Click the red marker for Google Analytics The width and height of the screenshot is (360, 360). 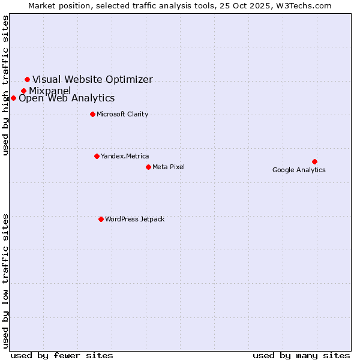tap(314, 161)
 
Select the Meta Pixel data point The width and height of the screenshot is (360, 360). tap(148, 167)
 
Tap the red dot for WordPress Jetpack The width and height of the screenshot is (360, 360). tap(101, 219)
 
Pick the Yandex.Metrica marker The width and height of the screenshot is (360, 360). tap(97, 156)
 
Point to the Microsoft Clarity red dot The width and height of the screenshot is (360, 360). tap(92, 114)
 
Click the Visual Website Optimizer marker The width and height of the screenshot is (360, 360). tap(27, 79)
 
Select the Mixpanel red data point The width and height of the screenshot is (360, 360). tap(23, 91)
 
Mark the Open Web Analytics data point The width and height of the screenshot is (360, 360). tap(13, 98)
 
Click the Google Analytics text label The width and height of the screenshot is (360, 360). tap(299, 170)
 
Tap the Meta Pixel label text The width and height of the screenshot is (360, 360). tap(169, 167)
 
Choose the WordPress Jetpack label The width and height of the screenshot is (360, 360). tap(134, 219)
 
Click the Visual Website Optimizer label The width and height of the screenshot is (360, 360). tap(92, 79)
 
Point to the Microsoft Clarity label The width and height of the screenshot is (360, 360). tap(122, 114)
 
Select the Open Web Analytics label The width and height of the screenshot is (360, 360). tap(67, 98)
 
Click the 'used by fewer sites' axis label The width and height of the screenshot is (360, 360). tap(62, 355)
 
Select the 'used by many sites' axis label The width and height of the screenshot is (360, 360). tap(301, 355)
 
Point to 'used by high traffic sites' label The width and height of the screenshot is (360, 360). tap(6, 85)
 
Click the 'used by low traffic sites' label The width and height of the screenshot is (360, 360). tap(6, 280)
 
